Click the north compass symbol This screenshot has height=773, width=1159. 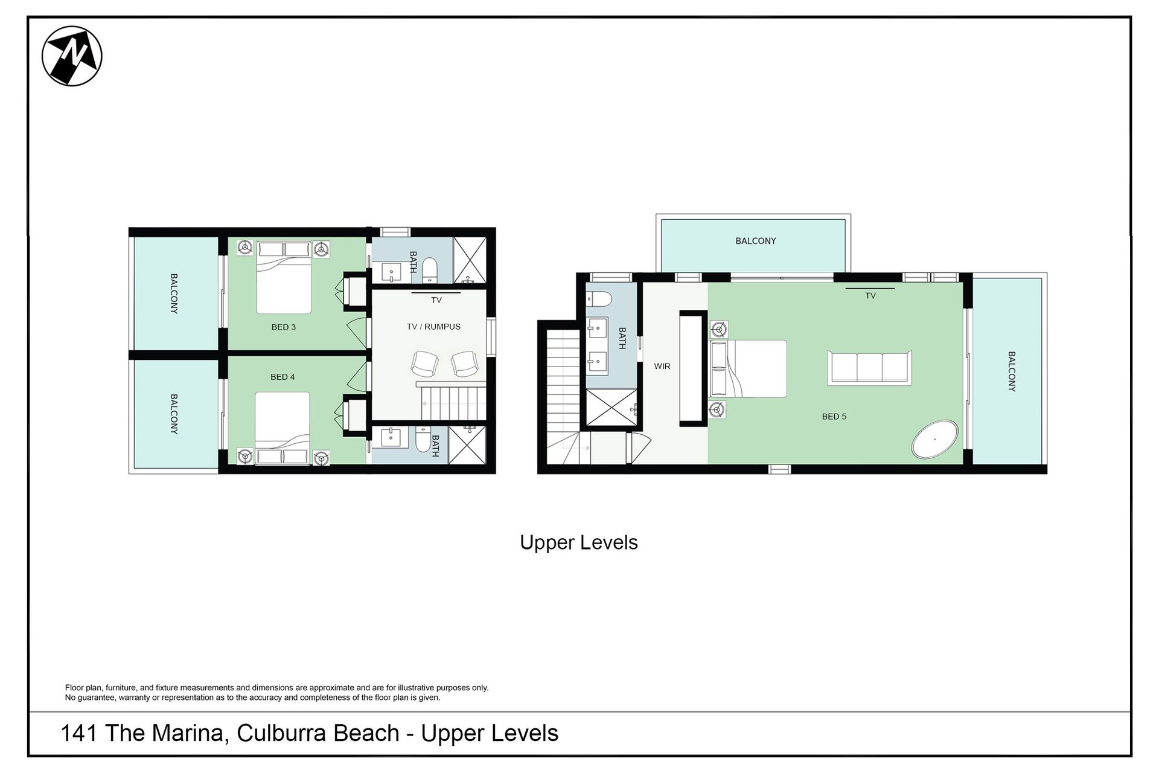tap(72, 56)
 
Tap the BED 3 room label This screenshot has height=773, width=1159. tap(284, 327)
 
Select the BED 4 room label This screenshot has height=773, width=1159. tap(283, 377)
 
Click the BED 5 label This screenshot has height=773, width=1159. tap(834, 416)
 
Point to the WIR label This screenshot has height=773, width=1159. tap(662, 366)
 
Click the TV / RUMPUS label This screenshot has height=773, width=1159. tap(433, 327)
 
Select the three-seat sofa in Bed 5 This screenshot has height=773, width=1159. tap(870, 367)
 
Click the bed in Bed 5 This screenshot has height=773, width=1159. tap(749, 368)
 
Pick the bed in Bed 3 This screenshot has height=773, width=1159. tap(284, 277)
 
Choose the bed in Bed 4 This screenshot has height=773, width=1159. tap(283, 428)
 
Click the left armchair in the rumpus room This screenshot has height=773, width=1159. tap(424, 364)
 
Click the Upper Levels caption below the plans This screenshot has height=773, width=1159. tap(579, 542)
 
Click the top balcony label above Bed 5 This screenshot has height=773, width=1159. tap(756, 241)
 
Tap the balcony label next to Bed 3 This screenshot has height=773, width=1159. tap(174, 293)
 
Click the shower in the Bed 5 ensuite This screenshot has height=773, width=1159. tap(611, 409)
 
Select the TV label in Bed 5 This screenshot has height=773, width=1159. tap(870, 296)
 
